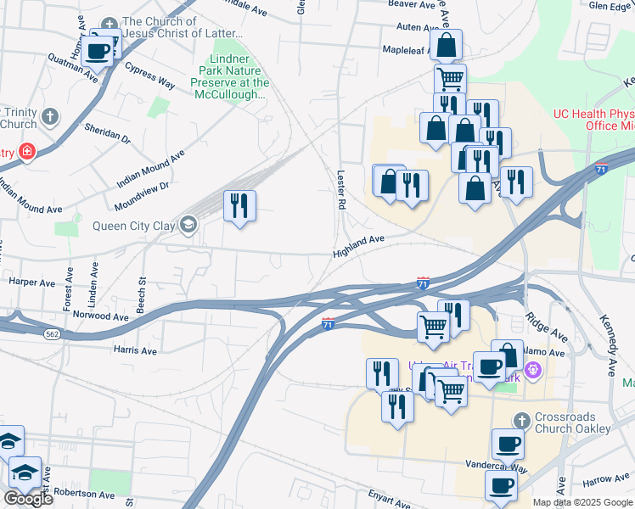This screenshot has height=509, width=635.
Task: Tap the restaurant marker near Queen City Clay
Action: click(240, 206)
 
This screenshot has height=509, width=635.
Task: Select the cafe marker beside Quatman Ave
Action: click(99, 50)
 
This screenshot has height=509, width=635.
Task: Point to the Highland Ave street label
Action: click(360, 245)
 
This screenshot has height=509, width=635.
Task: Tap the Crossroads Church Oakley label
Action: click(573, 423)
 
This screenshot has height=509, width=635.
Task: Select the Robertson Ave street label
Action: click(83, 492)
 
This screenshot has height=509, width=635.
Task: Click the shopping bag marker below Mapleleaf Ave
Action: click(446, 46)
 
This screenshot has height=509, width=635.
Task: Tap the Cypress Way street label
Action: click(149, 75)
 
